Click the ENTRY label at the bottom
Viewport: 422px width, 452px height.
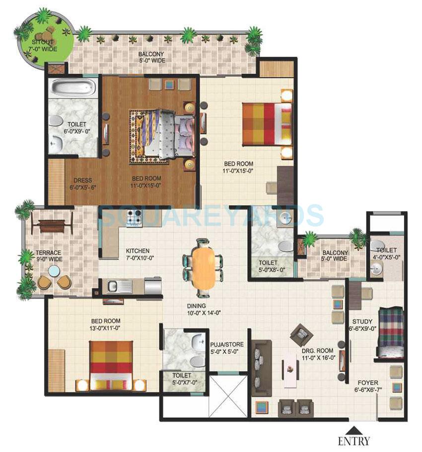pyautogui.click(x=354, y=440)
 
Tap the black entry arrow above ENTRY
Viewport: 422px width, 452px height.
pyautogui.click(x=354, y=430)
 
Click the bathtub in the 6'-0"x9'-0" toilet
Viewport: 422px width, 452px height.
pyautogui.click(x=73, y=89)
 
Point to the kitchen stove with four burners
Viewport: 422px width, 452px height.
pyautogui.click(x=134, y=218)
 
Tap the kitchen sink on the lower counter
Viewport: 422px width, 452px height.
pyautogui.click(x=112, y=286)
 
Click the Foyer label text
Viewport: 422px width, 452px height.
pyautogui.click(x=368, y=386)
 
